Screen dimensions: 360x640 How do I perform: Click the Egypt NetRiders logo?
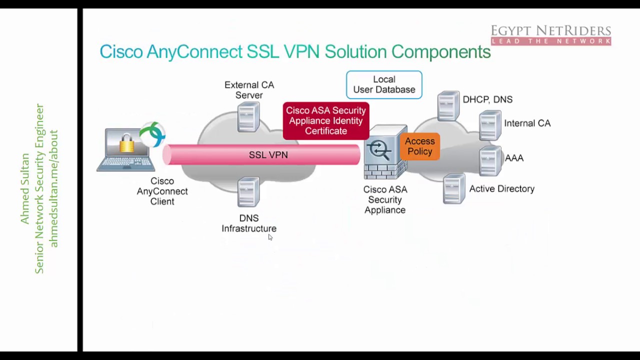coord(550,35)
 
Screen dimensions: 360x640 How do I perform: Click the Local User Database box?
coord(384,84)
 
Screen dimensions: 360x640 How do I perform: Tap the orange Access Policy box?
coord(419,146)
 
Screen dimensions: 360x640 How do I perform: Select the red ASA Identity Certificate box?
coord(326,120)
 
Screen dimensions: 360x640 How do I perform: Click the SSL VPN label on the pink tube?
coord(268,155)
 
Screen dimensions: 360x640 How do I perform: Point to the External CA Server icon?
coord(248,116)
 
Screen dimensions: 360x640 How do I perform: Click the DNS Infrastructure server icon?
coord(248,192)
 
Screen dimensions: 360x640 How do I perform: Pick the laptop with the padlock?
coord(125,150)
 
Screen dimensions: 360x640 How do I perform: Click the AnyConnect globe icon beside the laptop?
coord(152,134)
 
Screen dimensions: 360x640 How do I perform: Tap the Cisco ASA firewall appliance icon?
coord(384,152)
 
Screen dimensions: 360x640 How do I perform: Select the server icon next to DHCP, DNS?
coord(448,106)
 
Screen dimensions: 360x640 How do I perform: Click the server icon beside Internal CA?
coord(490,125)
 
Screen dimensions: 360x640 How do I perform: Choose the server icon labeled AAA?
coord(490,160)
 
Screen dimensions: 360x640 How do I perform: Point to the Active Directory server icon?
coord(453,188)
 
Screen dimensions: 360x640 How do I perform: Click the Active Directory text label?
coord(501,189)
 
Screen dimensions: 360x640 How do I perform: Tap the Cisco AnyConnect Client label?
coord(162,191)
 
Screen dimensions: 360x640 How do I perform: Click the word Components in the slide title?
coord(440,51)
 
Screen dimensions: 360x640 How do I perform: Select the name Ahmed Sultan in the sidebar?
coord(25,189)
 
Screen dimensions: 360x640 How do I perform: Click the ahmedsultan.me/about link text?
coord(54,189)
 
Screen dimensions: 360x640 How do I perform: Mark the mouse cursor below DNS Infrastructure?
coord(270,237)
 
